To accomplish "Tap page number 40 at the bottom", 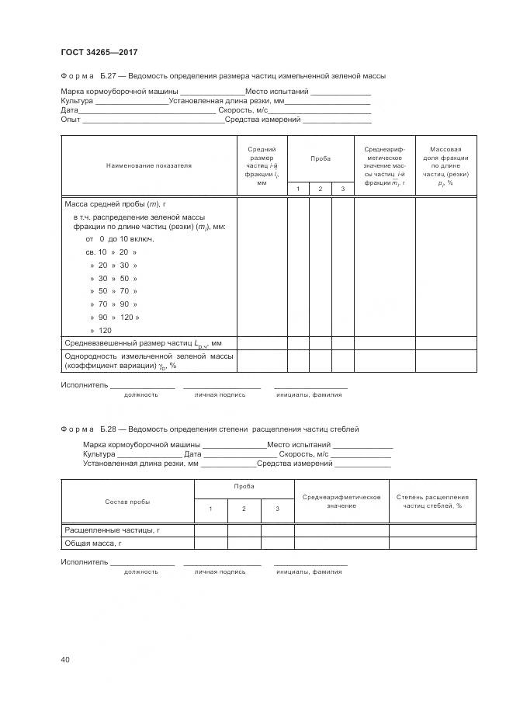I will coord(65,660).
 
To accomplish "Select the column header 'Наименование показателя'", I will coord(148,165).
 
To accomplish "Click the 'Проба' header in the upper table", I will coord(321,158).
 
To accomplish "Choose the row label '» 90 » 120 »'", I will coord(114,317).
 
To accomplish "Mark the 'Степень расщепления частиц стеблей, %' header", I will coord(432,501).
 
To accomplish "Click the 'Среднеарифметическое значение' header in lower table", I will coord(341,501).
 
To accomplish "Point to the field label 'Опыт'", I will coord(71,120).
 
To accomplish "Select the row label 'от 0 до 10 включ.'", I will coord(120,239).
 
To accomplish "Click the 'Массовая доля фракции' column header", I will coord(445,165).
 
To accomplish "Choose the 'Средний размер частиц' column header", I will coord(261,165).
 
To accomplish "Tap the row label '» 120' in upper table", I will coord(101,330).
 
